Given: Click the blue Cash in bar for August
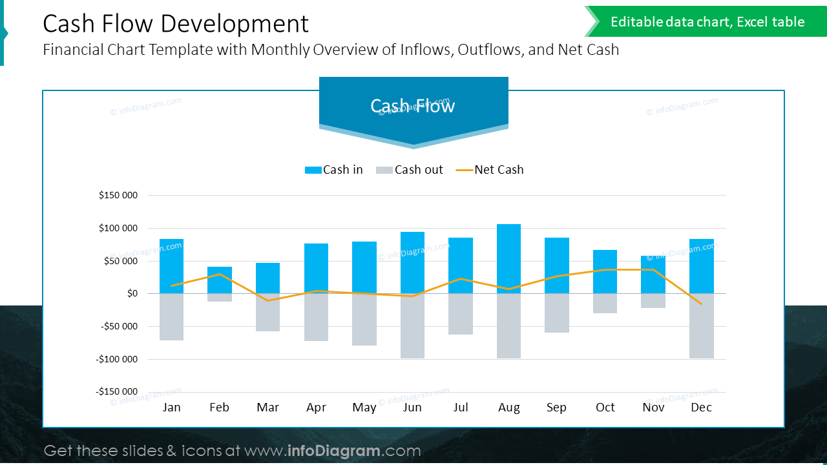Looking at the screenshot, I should point(508,258).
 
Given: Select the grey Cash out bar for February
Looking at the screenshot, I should point(220,298).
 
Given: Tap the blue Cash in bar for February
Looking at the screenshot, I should point(220,280).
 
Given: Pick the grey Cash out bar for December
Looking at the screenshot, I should point(701,326).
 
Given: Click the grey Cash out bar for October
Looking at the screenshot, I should point(605,304).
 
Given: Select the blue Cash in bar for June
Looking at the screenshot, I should point(412,262).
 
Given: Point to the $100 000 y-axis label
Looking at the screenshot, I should point(118,228).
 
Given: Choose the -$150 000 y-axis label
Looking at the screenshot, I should point(117,391).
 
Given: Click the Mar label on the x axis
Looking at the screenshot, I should point(267,408).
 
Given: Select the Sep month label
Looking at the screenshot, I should point(556,408).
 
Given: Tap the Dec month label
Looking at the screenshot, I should point(701,408).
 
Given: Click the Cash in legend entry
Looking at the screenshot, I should point(334,170).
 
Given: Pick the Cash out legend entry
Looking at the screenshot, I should point(410,170).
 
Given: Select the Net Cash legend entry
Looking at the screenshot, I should point(490,170).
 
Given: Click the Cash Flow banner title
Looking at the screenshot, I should point(413,106).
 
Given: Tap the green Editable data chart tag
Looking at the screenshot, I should point(707,22).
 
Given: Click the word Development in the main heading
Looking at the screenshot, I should point(235,24).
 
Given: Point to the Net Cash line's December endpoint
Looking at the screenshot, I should point(701,304).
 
